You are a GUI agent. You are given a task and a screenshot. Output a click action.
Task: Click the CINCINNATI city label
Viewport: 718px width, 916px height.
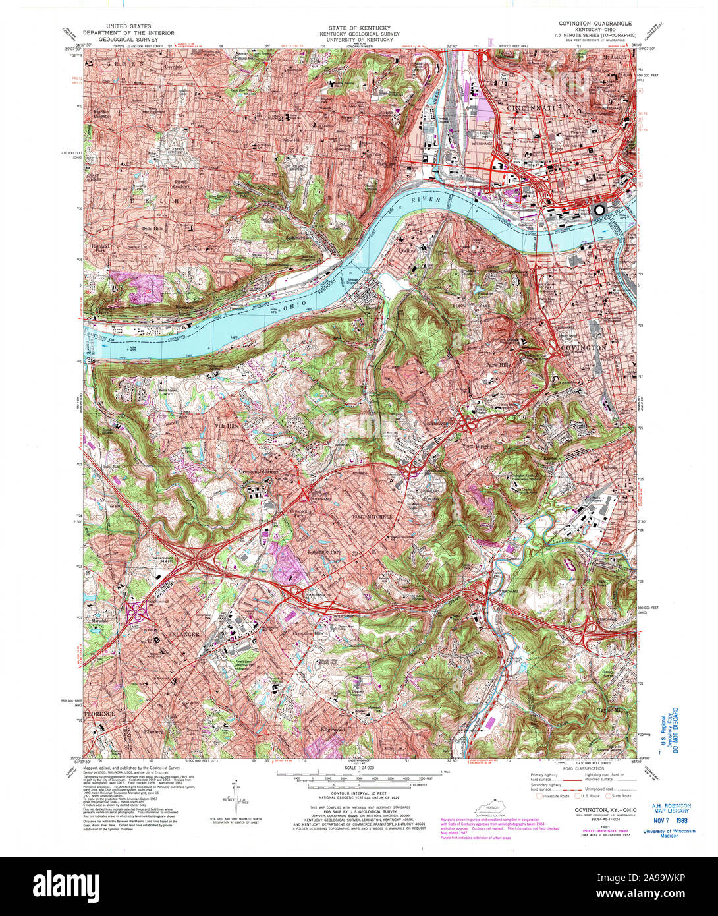pos(538,107)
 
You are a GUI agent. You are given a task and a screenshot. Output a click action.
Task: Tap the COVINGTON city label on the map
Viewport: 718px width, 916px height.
pos(583,347)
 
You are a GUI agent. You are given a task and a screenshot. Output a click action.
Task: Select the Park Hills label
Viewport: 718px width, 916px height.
pos(499,383)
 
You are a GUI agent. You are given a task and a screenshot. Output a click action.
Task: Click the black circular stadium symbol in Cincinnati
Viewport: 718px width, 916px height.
pos(599,210)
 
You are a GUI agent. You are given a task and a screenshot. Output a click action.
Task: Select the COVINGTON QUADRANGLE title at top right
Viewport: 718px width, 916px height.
pos(595,23)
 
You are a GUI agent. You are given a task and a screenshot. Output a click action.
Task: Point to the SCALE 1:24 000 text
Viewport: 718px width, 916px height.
pos(359,768)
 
